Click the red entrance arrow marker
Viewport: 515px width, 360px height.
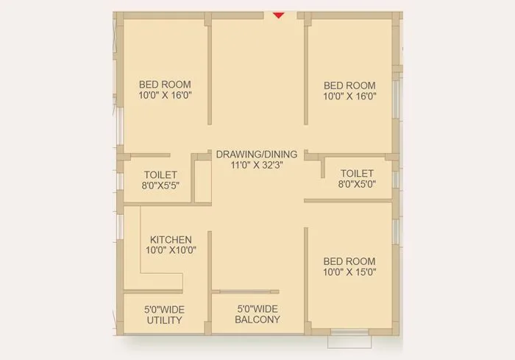278,14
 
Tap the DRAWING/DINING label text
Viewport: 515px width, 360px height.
257,155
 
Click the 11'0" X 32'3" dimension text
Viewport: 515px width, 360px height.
257,166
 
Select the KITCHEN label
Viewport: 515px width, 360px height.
171,240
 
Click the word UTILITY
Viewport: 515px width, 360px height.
164,321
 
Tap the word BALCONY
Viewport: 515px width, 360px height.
257,320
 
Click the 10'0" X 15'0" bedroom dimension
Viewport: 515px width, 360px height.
349,272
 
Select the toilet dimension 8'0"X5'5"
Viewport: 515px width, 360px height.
160,186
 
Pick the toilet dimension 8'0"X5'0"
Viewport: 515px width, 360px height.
357,185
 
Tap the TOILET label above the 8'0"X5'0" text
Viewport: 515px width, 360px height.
357,174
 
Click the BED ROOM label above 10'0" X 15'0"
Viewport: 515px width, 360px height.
349,261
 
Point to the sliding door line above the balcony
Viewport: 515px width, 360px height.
249,292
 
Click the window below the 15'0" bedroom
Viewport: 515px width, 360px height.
351,333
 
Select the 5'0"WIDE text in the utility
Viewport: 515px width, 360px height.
164,309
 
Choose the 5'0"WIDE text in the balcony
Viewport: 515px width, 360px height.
257,309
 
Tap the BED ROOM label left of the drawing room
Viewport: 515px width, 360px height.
165,85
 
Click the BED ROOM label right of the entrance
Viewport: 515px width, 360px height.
349,85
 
